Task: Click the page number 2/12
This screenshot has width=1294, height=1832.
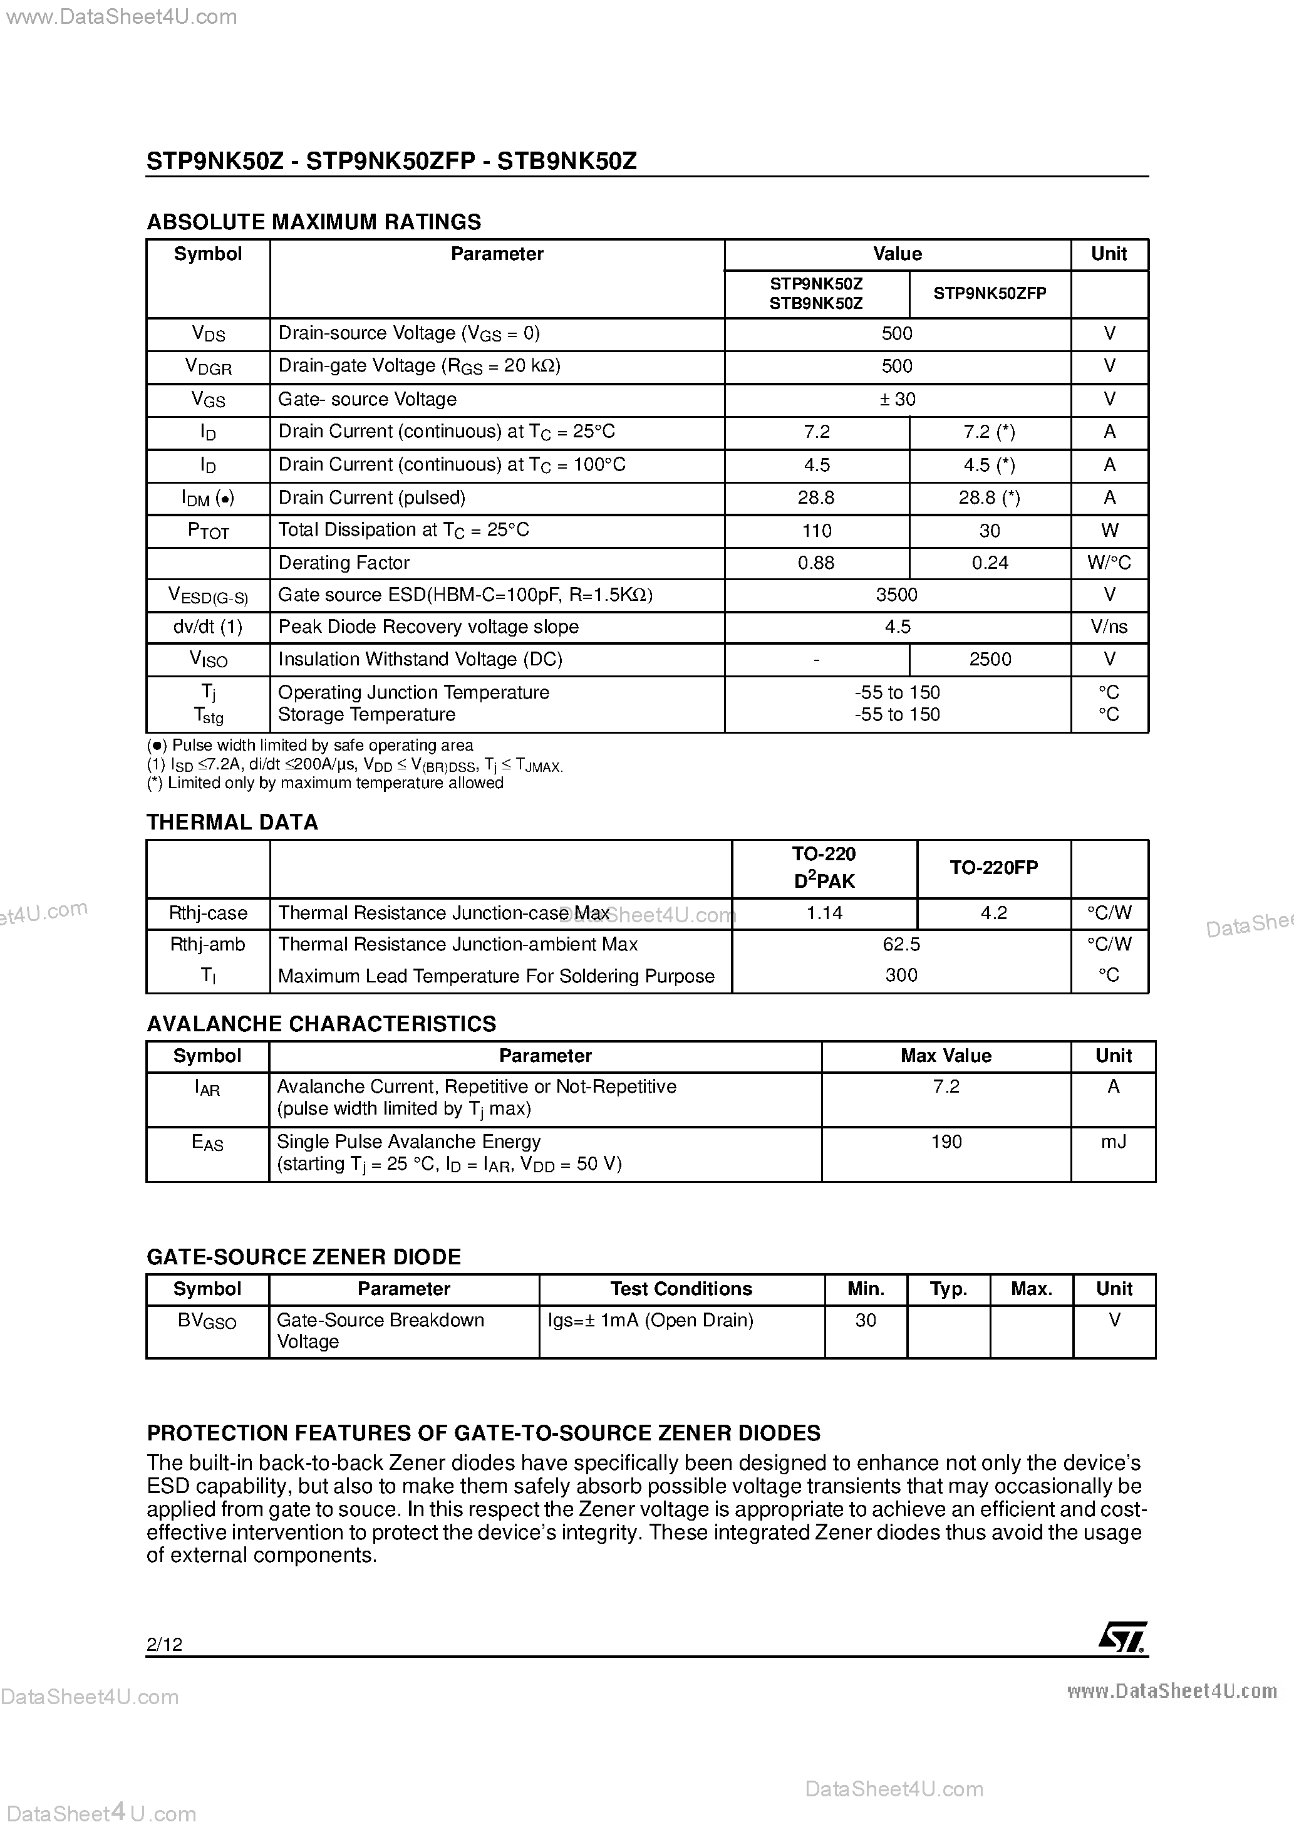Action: coord(164,1643)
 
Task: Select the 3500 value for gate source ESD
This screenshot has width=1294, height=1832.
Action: coord(897,595)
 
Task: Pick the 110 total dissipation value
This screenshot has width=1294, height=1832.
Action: coord(816,531)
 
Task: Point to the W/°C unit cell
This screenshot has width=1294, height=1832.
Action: coord(1109,563)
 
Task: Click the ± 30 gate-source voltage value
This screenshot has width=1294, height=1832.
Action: coord(897,399)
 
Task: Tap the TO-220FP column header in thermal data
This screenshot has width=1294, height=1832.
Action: coord(993,868)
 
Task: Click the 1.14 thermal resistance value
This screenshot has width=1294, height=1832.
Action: coord(824,913)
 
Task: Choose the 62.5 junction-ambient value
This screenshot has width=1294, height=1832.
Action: coord(901,945)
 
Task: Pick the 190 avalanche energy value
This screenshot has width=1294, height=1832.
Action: coord(946,1142)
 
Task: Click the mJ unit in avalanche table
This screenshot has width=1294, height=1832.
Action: coord(1113,1142)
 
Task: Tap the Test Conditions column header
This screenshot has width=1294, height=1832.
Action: coord(681,1289)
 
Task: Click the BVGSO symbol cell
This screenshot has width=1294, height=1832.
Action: coord(207,1321)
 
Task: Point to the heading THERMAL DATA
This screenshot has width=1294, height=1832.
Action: coord(232,823)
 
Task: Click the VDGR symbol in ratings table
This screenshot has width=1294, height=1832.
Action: coord(207,367)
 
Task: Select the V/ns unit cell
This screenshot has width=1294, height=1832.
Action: coord(1109,627)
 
